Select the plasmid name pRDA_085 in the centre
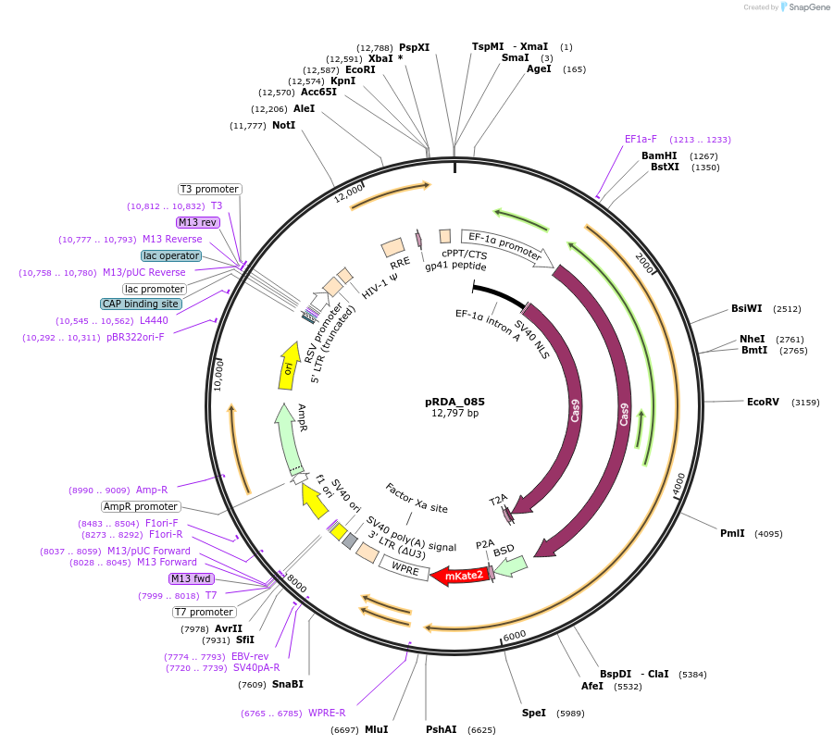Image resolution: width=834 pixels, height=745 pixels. point(454,402)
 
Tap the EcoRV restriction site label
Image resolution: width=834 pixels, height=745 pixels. point(763,402)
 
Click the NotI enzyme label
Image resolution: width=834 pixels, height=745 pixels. point(283,125)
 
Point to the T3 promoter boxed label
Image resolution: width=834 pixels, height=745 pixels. point(209,189)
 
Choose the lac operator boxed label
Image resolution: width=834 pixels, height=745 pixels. point(171,255)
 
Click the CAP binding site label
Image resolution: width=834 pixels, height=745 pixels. point(141,304)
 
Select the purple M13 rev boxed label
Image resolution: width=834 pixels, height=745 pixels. point(197,222)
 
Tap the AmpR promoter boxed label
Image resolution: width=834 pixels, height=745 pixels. point(141,506)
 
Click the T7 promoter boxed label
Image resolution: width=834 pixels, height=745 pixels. point(204,612)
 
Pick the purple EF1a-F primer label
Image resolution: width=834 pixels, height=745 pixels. point(641,140)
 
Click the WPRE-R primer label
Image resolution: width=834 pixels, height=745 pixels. point(327,713)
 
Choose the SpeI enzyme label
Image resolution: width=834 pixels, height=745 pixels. point(534,714)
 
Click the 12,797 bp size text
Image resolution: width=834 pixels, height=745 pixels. point(454,413)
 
